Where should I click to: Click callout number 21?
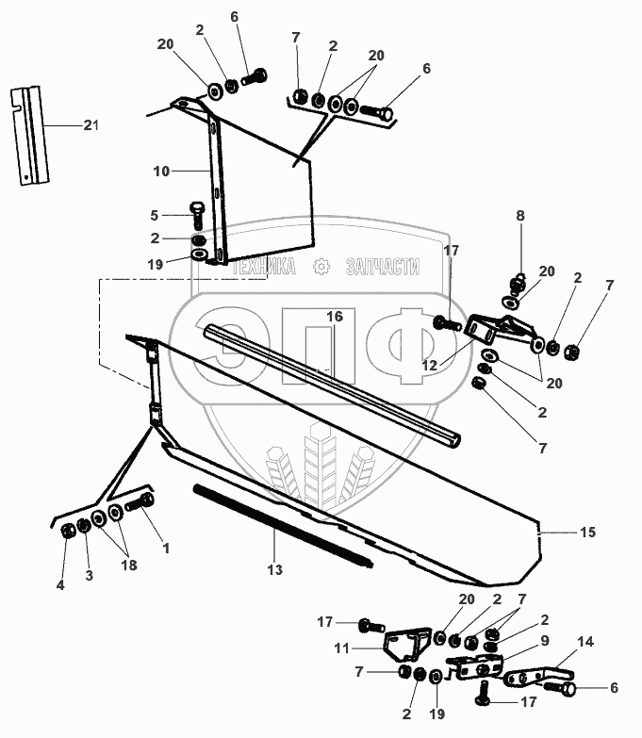click(91, 124)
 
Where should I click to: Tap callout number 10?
click(160, 172)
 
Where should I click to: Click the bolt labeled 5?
click(197, 213)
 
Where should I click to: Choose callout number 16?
click(335, 318)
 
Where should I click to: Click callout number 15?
click(587, 533)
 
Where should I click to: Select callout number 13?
click(274, 569)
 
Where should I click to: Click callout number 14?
click(585, 641)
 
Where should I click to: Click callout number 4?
click(60, 585)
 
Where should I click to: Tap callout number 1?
click(166, 547)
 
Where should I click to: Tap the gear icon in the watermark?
click(322, 267)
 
